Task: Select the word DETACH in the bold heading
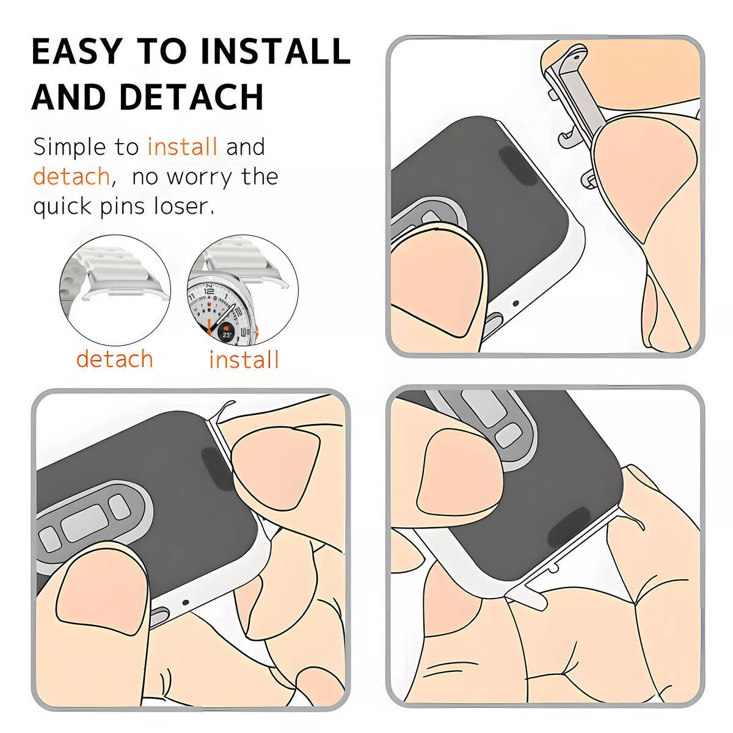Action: pos(191,97)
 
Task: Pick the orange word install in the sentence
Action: pos(182,147)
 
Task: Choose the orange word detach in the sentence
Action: pos(71,177)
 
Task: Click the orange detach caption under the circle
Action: pos(114,359)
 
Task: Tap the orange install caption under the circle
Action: pos(244,360)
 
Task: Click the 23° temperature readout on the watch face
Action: pos(227,334)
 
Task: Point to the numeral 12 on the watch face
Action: pos(210,291)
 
